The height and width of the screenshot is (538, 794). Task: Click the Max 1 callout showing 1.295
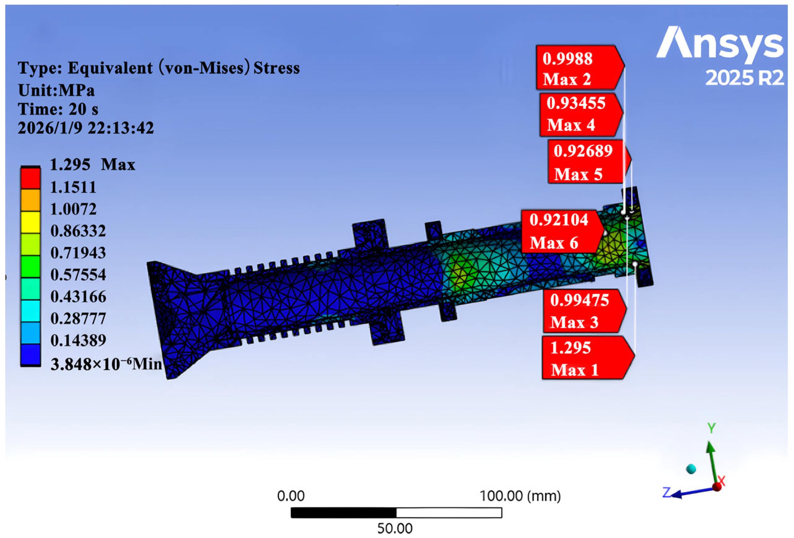[x=588, y=358]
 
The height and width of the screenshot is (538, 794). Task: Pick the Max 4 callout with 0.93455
[x=581, y=115]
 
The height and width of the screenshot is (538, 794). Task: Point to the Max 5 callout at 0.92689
[x=590, y=162]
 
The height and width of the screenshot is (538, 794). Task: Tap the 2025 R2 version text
[x=744, y=78]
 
